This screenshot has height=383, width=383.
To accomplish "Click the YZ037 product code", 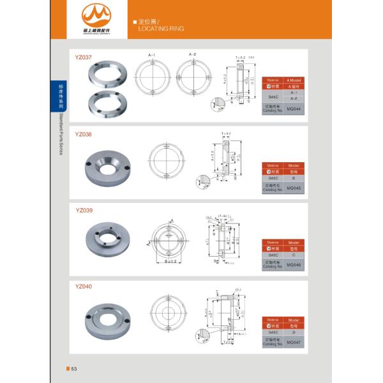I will pyautogui.click(x=84, y=57).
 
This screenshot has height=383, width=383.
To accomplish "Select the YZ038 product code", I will pyautogui.click(x=84, y=135).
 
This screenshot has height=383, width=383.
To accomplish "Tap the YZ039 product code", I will pyautogui.click(x=84, y=210).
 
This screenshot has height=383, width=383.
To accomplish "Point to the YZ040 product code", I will pyautogui.click(x=84, y=287).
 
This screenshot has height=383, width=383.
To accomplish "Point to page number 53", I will pyautogui.click(x=73, y=369).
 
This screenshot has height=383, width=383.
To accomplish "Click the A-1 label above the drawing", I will pyautogui.click(x=153, y=56).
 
